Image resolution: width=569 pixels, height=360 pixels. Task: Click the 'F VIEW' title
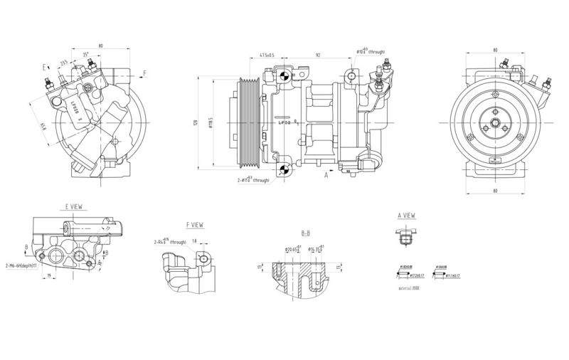coord(194,225)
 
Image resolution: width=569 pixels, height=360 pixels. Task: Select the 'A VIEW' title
coord(406,214)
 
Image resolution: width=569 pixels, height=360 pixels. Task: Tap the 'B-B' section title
coord(306,233)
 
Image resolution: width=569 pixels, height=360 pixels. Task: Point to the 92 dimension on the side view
coord(318,55)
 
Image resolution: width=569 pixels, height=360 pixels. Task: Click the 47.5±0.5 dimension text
coord(267,55)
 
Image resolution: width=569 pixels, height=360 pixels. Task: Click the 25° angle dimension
coord(86,55)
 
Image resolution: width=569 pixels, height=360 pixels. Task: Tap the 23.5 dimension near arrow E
coord(64,62)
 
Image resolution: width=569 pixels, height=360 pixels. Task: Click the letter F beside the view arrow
coord(144,73)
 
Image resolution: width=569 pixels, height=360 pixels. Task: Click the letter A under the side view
coord(326,174)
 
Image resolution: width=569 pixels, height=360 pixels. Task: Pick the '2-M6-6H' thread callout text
coord(21,265)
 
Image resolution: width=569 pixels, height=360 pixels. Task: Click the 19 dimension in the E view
coord(48,275)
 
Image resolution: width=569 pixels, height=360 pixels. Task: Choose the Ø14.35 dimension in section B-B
coord(317,250)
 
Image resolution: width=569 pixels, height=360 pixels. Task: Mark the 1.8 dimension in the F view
coord(194,242)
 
